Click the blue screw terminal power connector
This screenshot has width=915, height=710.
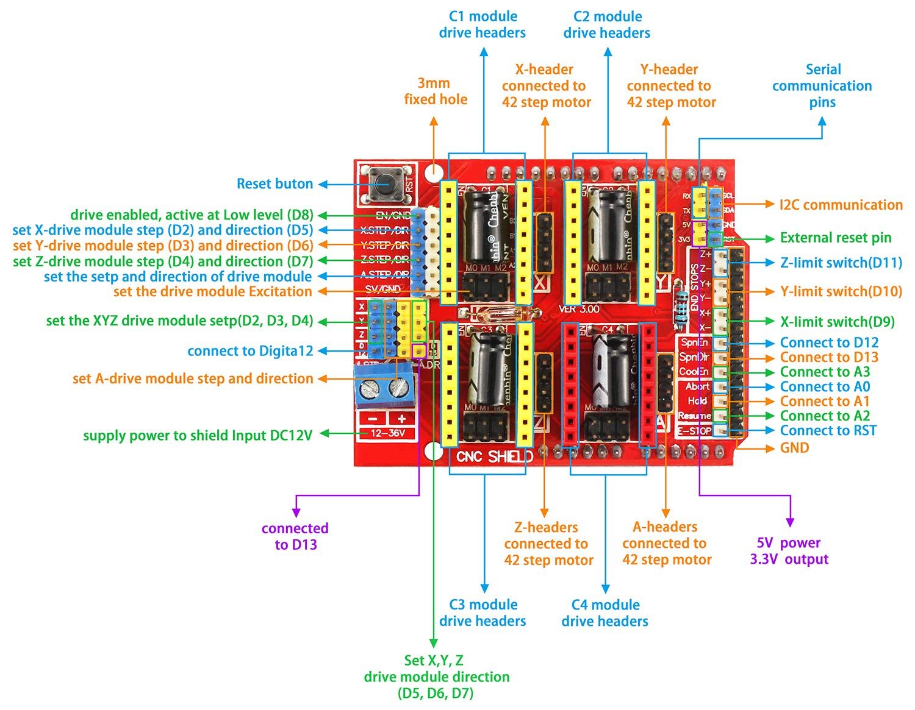point(385,385)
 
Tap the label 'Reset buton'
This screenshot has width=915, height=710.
point(274,183)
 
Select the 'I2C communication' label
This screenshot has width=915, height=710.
point(841,205)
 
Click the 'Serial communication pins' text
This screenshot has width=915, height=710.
point(822,86)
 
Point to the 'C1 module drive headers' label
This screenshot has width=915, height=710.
point(483,24)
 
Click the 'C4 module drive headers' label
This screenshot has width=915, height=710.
point(605,613)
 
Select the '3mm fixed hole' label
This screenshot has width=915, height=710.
point(435,91)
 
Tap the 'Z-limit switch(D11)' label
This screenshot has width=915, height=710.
point(841,263)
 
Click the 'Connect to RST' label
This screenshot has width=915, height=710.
point(828,431)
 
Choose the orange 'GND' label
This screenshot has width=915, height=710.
point(794,448)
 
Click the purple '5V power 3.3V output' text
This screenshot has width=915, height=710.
point(789,551)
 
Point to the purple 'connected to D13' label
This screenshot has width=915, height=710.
point(295,536)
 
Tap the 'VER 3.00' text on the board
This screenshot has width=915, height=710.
point(579,309)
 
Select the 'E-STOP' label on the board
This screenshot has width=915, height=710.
point(695,431)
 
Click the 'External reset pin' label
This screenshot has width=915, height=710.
point(836,238)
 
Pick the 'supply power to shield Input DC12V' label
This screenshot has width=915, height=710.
point(198,435)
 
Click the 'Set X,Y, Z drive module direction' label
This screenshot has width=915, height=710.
point(436,676)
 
